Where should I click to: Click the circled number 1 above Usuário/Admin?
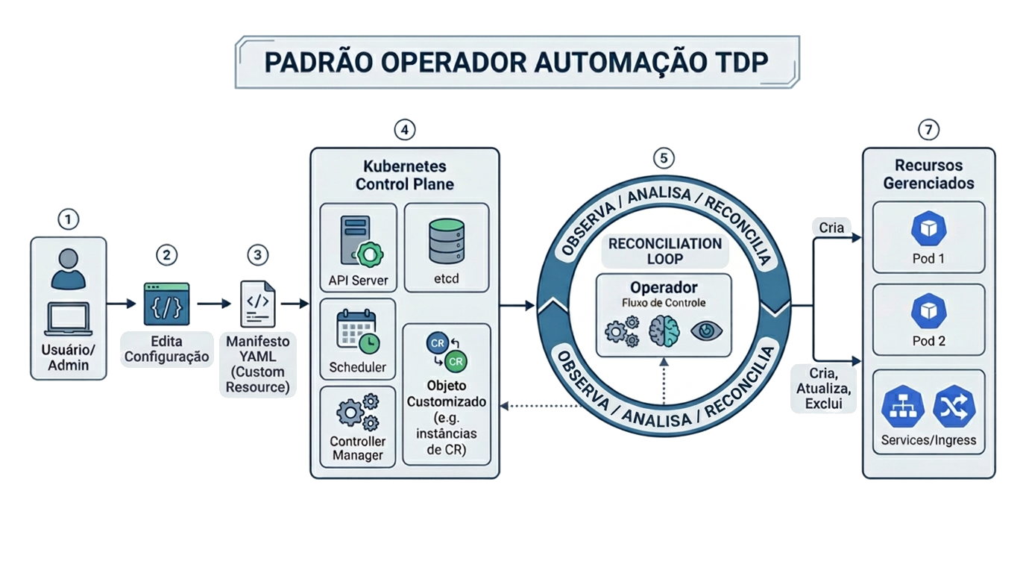(x=68, y=220)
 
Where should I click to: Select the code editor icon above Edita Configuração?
(x=166, y=303)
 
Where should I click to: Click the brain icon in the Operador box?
(x=664, y=330)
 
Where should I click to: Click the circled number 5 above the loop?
(x=663, y=158)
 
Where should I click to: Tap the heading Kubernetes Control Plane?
(x=404, y=174)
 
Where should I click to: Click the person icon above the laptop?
(x=68, y=269)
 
